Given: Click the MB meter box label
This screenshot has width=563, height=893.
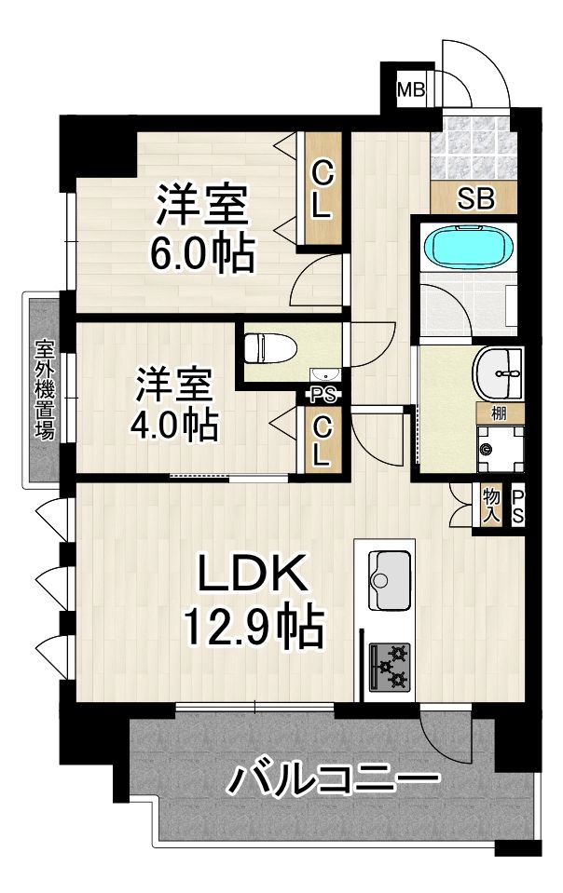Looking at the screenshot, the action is (411, 89).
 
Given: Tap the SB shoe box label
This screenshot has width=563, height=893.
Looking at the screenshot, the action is (475, 199).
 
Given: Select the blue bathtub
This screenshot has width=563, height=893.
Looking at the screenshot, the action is (469, 249).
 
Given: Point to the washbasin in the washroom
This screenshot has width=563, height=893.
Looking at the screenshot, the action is (498, 373).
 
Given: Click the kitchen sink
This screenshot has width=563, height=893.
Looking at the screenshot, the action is (390, 580).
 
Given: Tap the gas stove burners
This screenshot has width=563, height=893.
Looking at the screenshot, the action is (390, 667).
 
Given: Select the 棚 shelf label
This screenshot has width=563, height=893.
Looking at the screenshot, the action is (499, 413).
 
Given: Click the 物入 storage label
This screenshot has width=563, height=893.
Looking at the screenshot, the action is (490, 505).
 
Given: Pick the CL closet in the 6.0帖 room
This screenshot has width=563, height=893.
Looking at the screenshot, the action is (322, 190).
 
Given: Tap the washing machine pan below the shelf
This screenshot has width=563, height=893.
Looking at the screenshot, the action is (500, 450).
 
